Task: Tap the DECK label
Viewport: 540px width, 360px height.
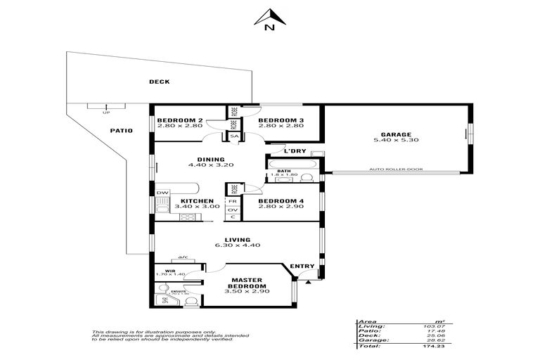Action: coord(159,82)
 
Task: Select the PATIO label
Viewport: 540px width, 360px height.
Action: coord(121,131)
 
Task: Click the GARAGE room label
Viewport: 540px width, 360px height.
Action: coord(396,134)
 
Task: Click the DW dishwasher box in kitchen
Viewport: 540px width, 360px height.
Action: coord(162,193)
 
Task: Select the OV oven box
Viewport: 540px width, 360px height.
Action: coord(233,210)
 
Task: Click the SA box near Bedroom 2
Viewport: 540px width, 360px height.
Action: coord(233,136)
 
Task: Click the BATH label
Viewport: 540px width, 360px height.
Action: coord(283,171)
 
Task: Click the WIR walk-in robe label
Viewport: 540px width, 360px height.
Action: coord(169,269)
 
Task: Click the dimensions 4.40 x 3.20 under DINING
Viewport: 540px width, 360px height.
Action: coord(210,165)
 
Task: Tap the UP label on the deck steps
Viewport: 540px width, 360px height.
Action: coord(106,112)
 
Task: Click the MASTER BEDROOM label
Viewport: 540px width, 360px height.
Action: coord(249,283)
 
